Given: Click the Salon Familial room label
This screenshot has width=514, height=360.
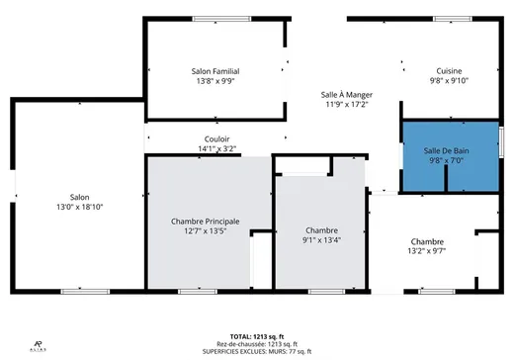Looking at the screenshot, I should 215,71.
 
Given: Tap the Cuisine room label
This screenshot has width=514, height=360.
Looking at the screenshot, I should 451,71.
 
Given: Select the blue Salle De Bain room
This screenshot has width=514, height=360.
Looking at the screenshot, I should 451,156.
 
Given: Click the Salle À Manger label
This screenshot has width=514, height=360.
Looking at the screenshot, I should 346,94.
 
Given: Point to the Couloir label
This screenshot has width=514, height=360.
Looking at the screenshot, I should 218,139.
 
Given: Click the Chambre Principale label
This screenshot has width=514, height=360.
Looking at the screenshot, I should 205,222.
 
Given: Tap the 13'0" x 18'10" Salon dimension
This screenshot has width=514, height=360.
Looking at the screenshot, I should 79,207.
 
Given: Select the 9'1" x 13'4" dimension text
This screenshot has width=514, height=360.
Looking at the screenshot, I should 321,238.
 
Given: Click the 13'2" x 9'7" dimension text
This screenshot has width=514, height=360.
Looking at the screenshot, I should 427,251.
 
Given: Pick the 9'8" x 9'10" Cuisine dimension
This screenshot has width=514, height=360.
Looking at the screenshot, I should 451,81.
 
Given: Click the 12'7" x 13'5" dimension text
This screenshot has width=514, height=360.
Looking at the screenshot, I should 205,231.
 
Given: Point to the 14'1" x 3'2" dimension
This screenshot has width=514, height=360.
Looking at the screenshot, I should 218,149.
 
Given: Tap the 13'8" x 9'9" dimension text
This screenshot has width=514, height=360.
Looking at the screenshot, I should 215,81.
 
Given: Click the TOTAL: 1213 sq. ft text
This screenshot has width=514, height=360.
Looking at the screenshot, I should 256,335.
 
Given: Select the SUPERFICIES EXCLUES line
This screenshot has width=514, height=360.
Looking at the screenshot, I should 256,351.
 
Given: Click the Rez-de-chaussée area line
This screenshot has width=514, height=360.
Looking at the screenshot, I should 256,343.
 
